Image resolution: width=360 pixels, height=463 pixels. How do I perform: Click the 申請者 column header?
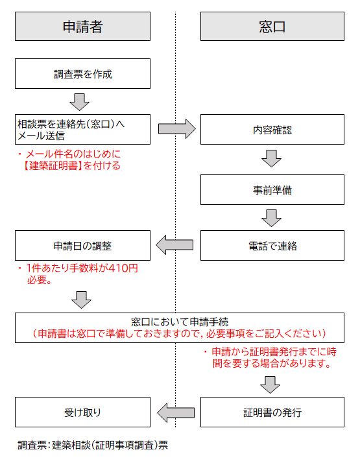[x=82, y=27]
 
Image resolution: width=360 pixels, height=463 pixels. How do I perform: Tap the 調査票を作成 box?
[x=82, y=74]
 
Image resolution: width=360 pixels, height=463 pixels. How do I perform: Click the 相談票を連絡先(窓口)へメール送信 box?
[x=82, y=129]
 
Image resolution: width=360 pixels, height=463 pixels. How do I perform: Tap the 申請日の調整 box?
[x=82, y=246]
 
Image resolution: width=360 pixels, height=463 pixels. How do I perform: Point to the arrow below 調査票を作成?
[x=79, y=102]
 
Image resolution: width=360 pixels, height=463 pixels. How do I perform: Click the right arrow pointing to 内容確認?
[x=176, y=129]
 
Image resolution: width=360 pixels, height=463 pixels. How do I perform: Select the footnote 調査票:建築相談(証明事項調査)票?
[x=93, y=445]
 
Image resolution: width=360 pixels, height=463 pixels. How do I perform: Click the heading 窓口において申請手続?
[x=180, y=322]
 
